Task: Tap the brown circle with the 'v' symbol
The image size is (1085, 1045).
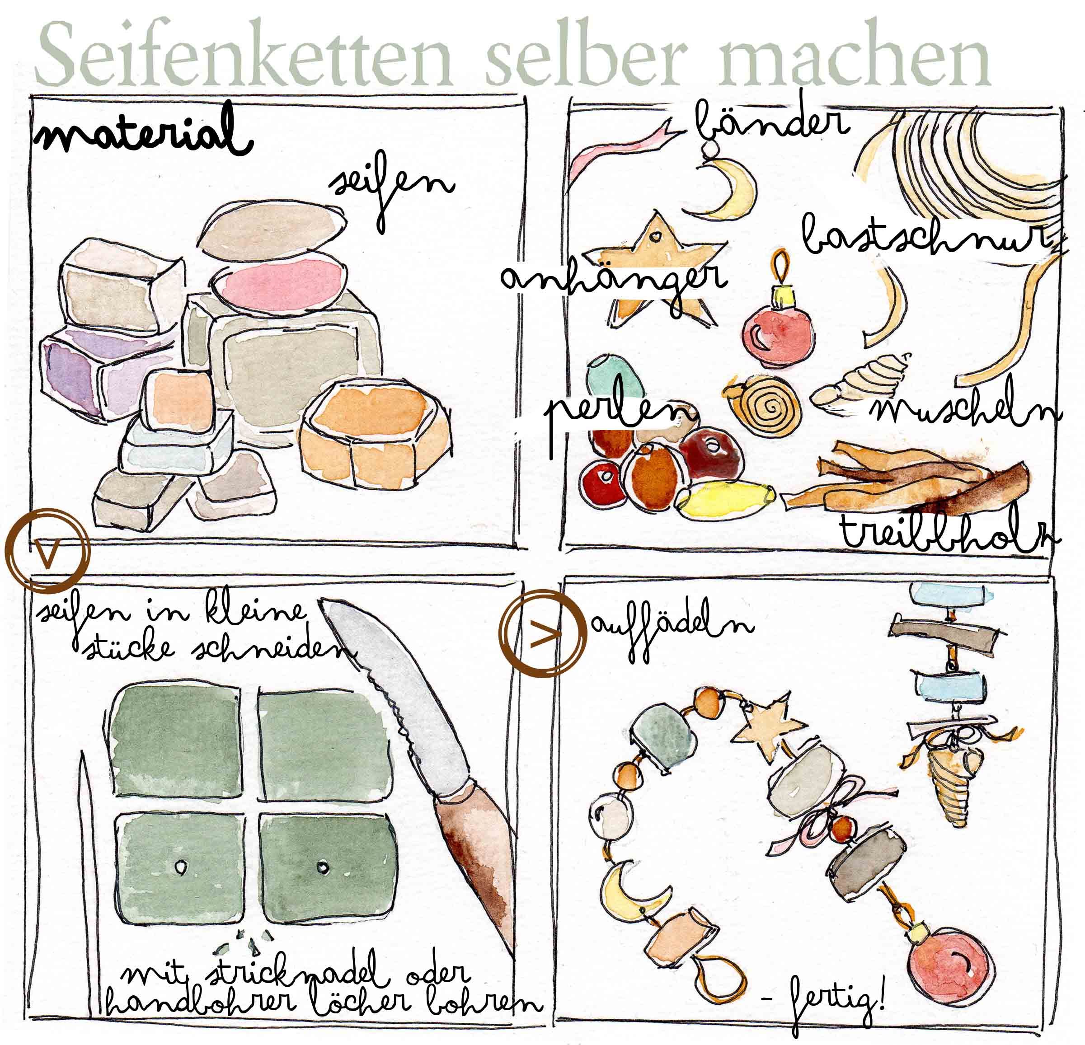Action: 47,550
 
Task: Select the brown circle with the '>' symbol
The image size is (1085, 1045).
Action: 542,633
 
